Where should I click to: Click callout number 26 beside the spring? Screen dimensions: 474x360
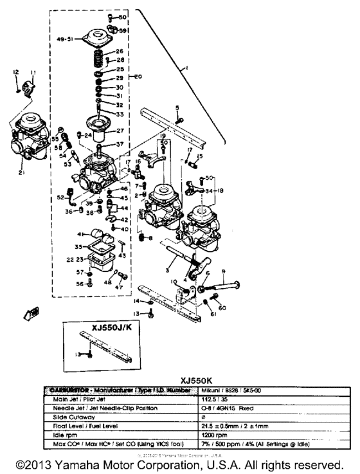pyautogui.click(x=120, y=51)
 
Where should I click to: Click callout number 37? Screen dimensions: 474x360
pyautogui.click(x=119, y=143)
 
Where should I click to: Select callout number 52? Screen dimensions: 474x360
pyautogui.click(x=61, y=197)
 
